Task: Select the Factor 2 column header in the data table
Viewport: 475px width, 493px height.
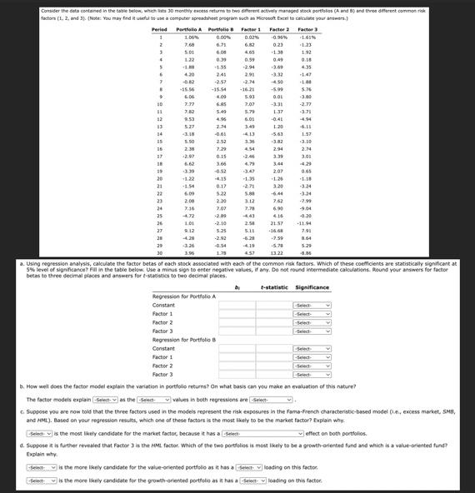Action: point(279,29)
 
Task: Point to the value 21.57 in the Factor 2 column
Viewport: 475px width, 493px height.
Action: point(277,223)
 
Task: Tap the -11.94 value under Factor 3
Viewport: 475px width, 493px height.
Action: point(305,223)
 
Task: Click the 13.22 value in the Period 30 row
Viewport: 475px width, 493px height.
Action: point(277,252)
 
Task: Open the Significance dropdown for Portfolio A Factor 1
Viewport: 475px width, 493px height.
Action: point(312,314)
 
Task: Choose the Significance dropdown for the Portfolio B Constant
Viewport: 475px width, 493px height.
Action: point(312,349)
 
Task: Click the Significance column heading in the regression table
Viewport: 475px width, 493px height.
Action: point(312,287)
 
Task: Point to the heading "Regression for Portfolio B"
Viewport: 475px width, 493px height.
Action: point(184,340)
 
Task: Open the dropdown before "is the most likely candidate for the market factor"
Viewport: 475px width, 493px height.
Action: point(38,433)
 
